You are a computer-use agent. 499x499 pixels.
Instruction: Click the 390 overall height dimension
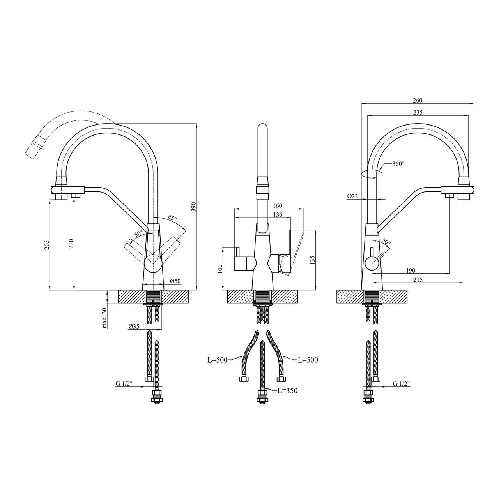tap(194, 206)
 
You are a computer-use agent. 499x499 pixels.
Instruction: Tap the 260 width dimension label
tap(418, 100)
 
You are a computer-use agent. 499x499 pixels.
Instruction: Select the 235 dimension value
tap(418, 112)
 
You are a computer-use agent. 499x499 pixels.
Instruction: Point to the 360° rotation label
tap(398, 164)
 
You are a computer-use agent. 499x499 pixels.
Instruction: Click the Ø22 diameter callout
tap(352, 196)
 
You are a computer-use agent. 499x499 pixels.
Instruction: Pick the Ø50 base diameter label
tap(175, 281)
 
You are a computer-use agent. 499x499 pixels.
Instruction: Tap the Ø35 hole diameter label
tap(134, 327)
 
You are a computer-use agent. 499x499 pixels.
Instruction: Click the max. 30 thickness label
tap(104, 319)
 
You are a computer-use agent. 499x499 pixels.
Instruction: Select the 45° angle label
tap(172, 218)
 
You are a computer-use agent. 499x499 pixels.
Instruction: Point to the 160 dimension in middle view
tap(277, 206)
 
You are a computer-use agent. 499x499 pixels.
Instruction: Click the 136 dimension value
tap(278, 214)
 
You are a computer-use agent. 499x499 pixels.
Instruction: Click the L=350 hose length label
tap(287, 398)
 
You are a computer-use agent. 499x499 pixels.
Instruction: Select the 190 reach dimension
tap(411, 270)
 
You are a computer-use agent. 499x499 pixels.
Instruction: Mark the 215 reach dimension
tap(418, 280)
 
